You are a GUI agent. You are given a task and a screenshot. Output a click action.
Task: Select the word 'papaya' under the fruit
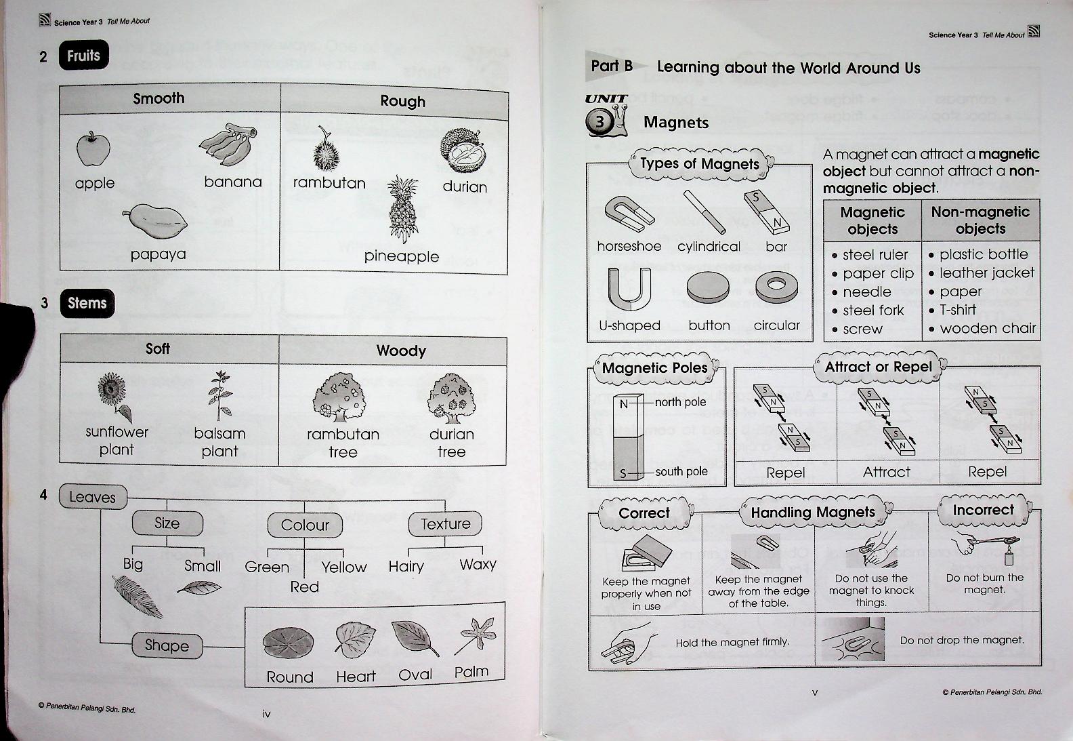coord(158,254)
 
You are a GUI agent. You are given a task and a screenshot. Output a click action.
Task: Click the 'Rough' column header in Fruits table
coord(402,102)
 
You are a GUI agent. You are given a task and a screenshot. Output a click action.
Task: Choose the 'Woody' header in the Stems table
coord(401,351)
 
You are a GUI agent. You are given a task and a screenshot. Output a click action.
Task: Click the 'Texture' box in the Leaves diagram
coord(445,524)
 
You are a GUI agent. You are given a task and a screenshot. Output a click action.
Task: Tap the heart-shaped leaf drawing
coord(355,639)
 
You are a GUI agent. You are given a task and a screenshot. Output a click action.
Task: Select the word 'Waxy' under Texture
coord(478,565)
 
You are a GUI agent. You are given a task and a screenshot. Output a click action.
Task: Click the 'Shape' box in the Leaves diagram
coord(167,645)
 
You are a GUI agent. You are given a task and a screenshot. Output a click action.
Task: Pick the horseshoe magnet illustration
coord(629,214)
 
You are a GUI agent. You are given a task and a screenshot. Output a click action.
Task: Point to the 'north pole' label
coord(680,402)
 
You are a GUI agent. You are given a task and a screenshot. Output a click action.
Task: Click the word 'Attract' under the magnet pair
coord(886,472)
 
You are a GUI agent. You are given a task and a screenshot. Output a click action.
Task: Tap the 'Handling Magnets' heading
coord(812,513)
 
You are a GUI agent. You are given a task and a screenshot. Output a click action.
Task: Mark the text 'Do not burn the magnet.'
coord(984,584)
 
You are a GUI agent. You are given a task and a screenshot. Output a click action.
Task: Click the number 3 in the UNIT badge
coord(599,123)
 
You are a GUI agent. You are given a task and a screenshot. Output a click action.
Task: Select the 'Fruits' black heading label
coord(83,56)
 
